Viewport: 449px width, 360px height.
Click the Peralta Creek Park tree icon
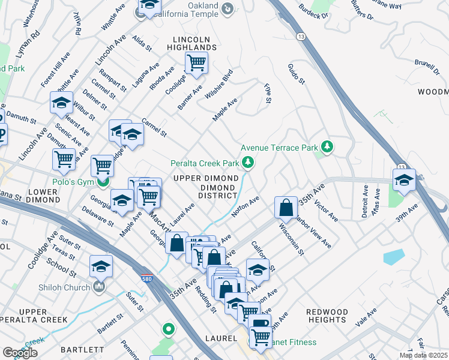[247, 163]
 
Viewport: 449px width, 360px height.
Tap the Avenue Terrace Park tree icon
[327, 147]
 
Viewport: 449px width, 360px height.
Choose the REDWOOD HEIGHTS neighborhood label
[327, 316]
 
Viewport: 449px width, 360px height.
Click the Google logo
[20, 352]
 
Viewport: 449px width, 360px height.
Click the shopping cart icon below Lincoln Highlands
[196, 62]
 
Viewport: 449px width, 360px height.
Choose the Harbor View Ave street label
[314, 233]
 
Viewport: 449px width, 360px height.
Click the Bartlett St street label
[110, 323]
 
